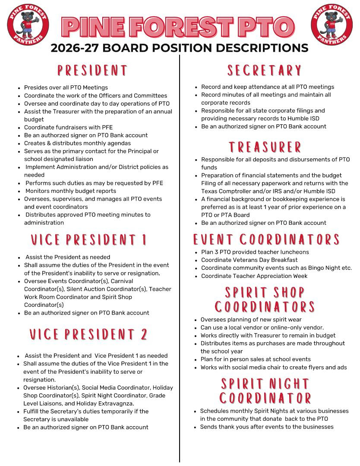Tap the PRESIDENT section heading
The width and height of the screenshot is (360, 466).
pos(93,71)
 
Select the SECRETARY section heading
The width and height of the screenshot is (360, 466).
pos(264,70)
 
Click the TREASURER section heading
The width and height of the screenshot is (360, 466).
pos(265,147)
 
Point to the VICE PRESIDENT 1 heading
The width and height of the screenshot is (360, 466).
pos(89,240)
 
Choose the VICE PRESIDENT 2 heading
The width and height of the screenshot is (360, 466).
pos(89,334)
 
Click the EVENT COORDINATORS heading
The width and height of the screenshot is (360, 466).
pos(266,239)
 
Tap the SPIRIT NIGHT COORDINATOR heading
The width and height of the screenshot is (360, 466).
pos(265,390)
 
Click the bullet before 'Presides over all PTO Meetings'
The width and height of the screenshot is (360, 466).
pos(19,88)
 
